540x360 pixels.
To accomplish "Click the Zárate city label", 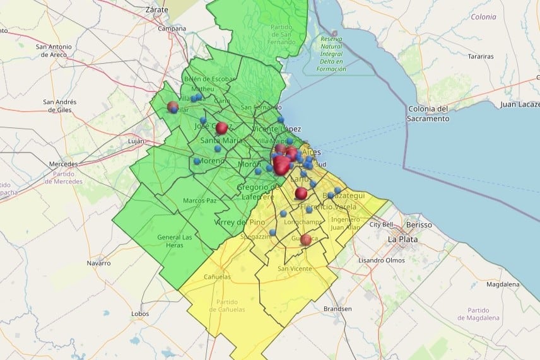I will tap(156, 10).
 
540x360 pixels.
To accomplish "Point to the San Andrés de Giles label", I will tap(61, 105).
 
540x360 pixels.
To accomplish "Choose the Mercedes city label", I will tap(63, 164).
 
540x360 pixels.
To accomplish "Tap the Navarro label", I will tap(98, 262).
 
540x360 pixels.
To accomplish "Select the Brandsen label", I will tap(337, 309).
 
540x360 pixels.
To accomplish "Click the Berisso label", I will tap(420, 225).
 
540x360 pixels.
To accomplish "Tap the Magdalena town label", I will tap(503, 284).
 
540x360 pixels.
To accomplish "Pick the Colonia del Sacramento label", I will tap(428, 113).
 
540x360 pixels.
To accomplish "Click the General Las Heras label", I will tap(175, 241).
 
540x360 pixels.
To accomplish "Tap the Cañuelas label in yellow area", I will tap(218, 277).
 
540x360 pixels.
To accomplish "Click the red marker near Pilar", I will tap(172, 107).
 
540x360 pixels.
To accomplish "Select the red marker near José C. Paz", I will tap(221, 128).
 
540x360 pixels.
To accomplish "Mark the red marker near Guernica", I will tap(306, 239).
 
